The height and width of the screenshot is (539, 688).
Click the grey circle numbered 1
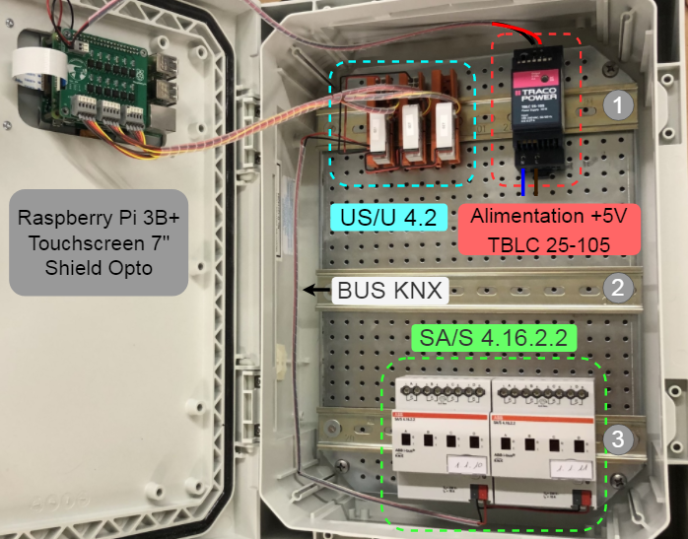point(618,104)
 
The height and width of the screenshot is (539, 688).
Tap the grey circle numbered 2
point(618,289)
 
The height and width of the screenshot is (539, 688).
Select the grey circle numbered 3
point(618,439)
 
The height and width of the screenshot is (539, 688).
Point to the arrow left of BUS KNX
point(316,290)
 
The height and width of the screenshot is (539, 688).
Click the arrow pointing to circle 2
point(584,289)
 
